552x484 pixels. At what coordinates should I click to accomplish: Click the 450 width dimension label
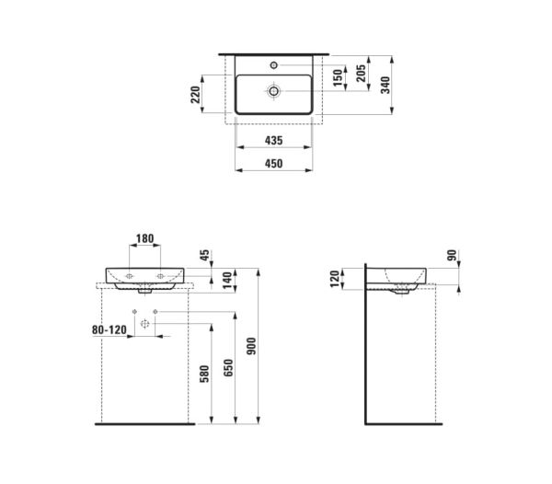click(x=273, y=164)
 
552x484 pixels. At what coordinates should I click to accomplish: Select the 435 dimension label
click(x=273, y=141)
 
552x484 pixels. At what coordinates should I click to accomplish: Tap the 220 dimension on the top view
click(x=195, y=95)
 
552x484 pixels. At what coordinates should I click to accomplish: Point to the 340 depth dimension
click(x=385, y=85)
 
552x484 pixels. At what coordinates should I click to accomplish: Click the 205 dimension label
click(x=362, y=74)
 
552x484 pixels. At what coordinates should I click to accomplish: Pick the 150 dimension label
click(x=338, y=78)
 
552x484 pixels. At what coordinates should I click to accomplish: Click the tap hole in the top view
click(x=274, y=65)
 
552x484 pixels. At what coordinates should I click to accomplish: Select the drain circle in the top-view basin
click(x=273, y=91)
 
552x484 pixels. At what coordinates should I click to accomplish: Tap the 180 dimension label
click(x=145, y=238)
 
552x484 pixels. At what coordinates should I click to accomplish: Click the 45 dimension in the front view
click(x=205, y=255)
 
